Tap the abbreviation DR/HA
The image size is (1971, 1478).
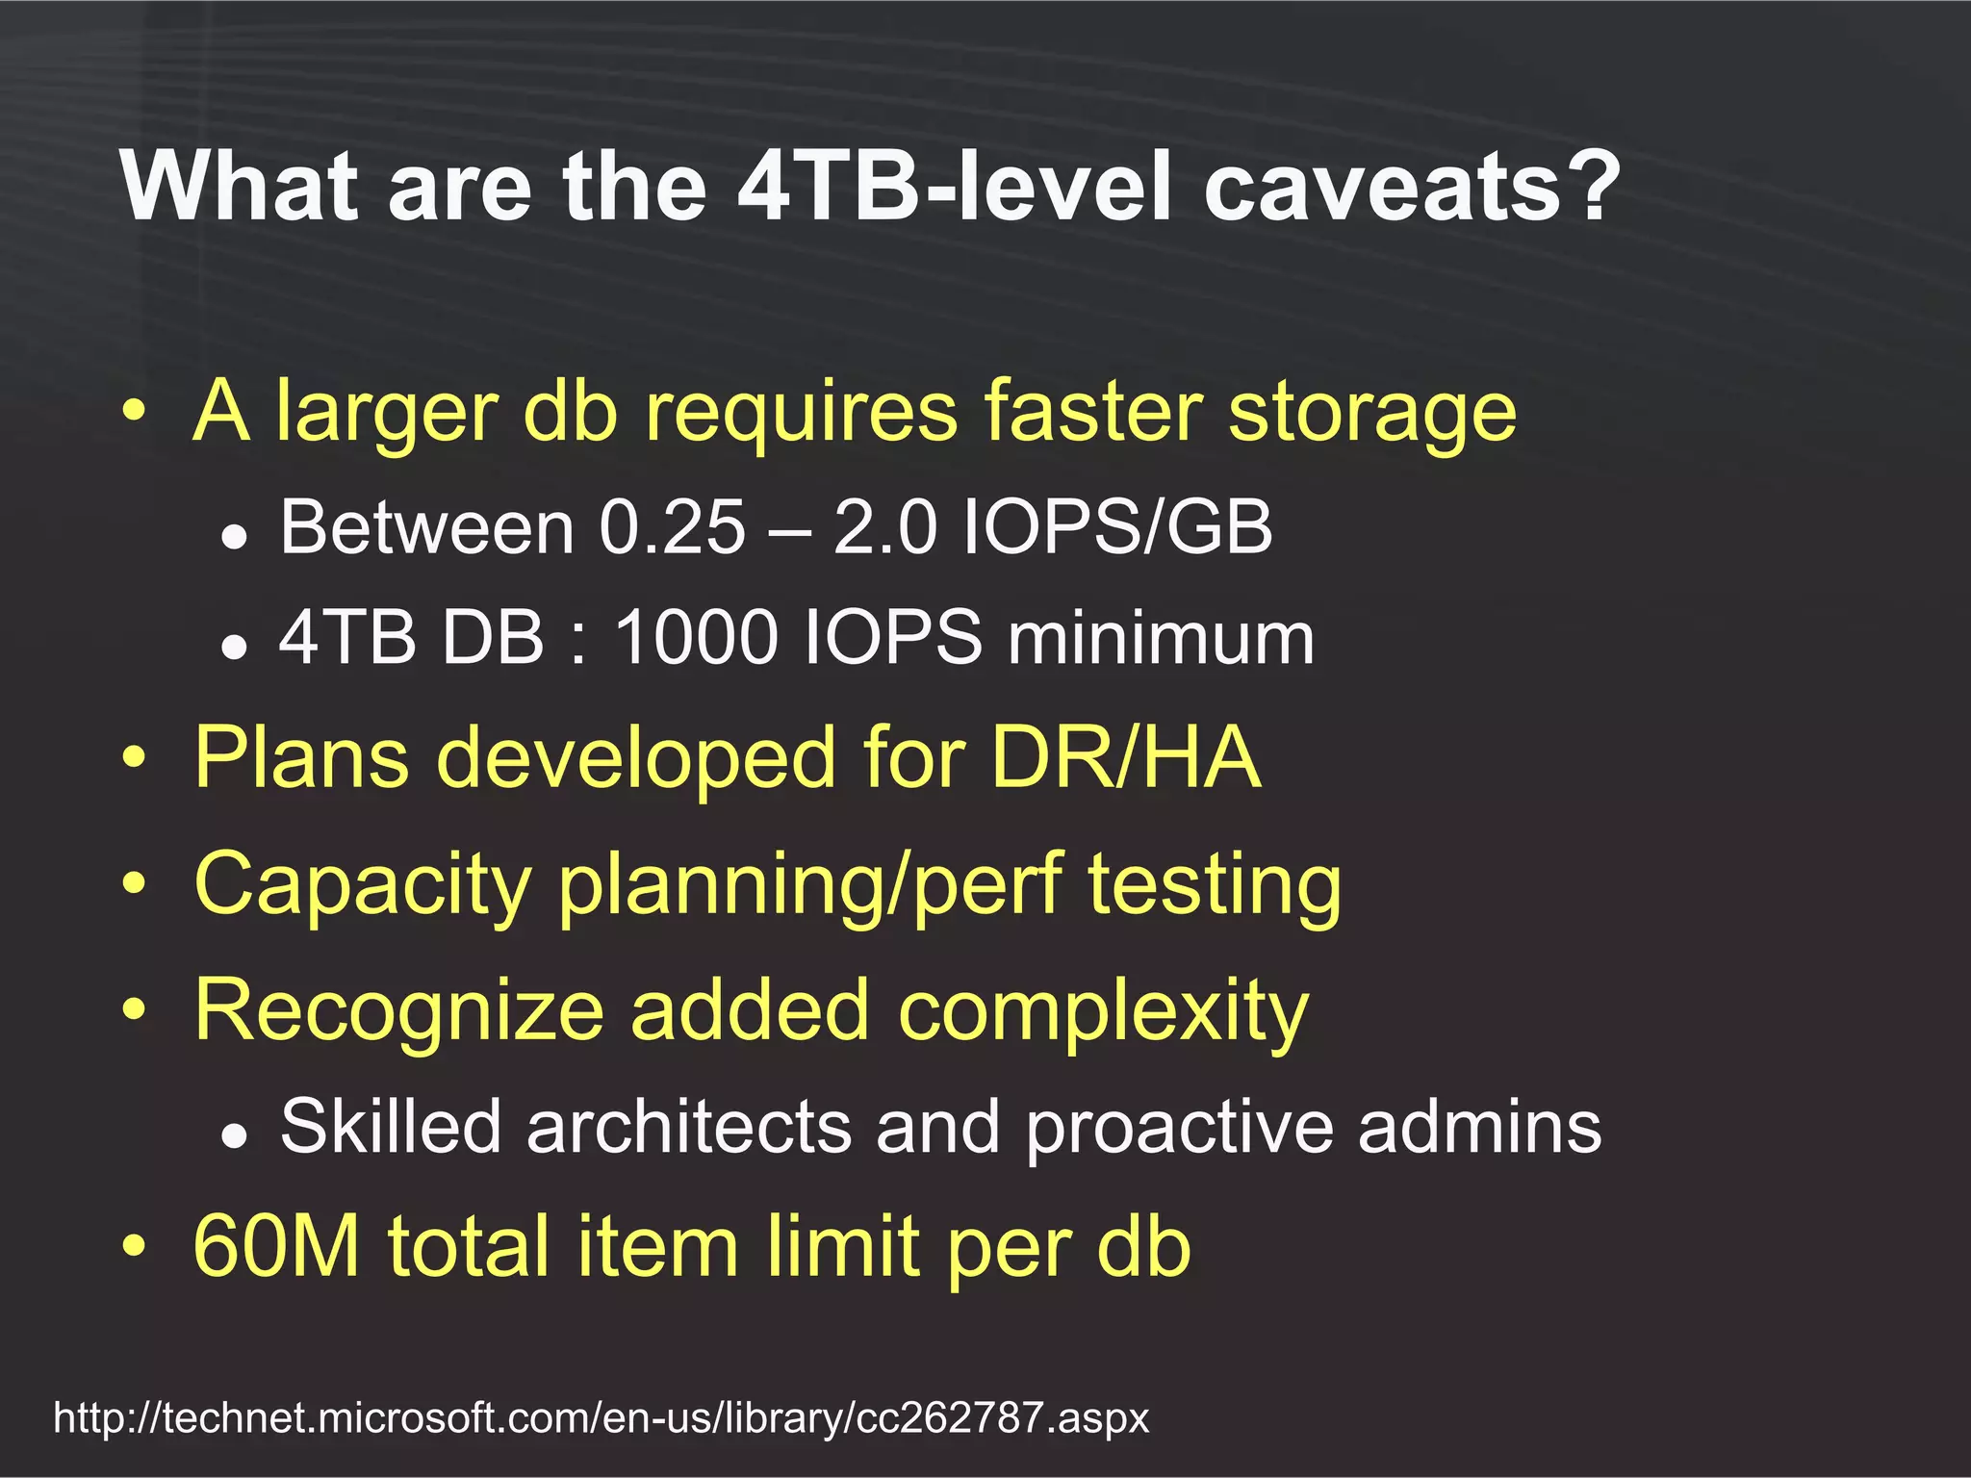[x=1125, y=757]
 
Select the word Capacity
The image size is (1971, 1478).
[x=363, y=884]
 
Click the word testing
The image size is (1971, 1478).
[x=1215, y=884]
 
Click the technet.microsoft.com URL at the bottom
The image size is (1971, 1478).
[x=602, y=1417]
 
